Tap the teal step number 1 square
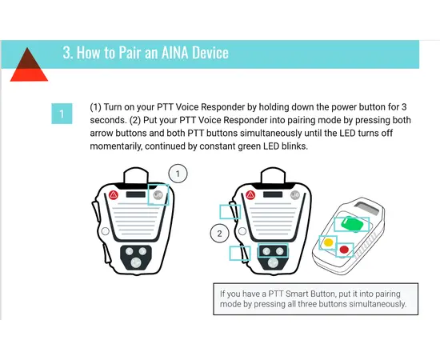(x=62, y=114)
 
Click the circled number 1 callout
(x=179, y=172)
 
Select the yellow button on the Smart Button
(x=327, y=242)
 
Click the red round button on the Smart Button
(x=344, y=250)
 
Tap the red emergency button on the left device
(x=114, y=194)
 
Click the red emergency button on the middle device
(x=251, y=194)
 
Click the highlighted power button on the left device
(x=158, y=194)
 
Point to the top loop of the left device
(x=136, y=174)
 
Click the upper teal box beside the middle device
(x=230, y=211)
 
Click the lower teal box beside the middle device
(x=238, y=253)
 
